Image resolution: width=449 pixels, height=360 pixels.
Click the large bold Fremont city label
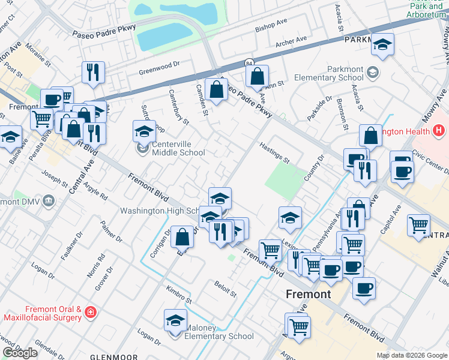click(308, 294)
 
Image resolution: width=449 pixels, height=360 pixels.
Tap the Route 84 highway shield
click(249, 62)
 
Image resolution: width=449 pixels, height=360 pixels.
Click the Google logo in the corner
click(20, 353)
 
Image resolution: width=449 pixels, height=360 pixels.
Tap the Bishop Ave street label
click(272, 25)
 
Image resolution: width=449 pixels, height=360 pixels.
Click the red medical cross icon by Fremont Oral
click(90, 313)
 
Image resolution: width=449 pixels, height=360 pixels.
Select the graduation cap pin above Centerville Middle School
click(144, 130)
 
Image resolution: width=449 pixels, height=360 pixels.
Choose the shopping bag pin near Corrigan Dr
click(182, 236)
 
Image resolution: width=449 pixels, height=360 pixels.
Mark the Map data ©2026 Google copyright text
click(411, 355)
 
